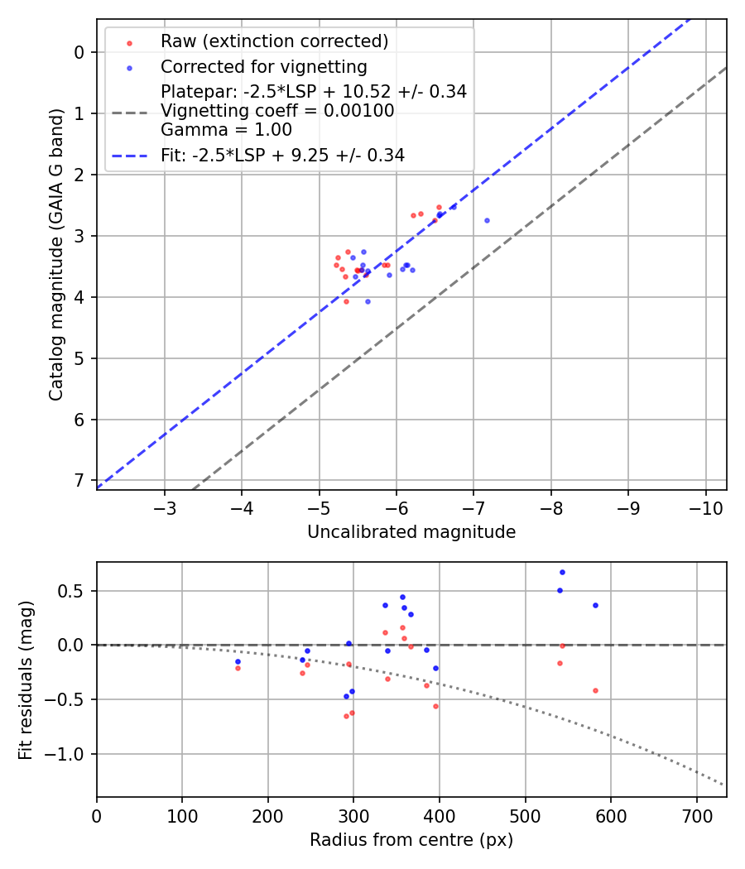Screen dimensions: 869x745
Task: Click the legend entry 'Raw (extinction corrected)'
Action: pos(274,41)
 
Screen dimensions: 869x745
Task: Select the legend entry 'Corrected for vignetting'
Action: pos(264,66)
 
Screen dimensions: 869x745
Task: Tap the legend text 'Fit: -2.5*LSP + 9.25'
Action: pos(282,155)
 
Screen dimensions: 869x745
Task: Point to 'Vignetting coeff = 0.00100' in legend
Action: pos(277,111)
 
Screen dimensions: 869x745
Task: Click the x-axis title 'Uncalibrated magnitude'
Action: pos(411,532)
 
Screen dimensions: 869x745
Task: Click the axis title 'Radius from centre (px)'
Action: pos(411,840)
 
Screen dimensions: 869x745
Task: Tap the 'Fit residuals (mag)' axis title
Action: pos(26,679)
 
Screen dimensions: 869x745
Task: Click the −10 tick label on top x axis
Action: pos(705,507)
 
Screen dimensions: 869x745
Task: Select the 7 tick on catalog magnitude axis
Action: pos(79,480)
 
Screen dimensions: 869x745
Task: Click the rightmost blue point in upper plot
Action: pos(487,220)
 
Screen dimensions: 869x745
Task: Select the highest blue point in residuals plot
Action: pos(562,572)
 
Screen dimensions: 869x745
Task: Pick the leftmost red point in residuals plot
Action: pos(238,667)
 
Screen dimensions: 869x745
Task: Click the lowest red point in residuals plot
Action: pos(346,716)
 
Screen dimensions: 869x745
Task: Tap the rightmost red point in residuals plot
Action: pos(595,690)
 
